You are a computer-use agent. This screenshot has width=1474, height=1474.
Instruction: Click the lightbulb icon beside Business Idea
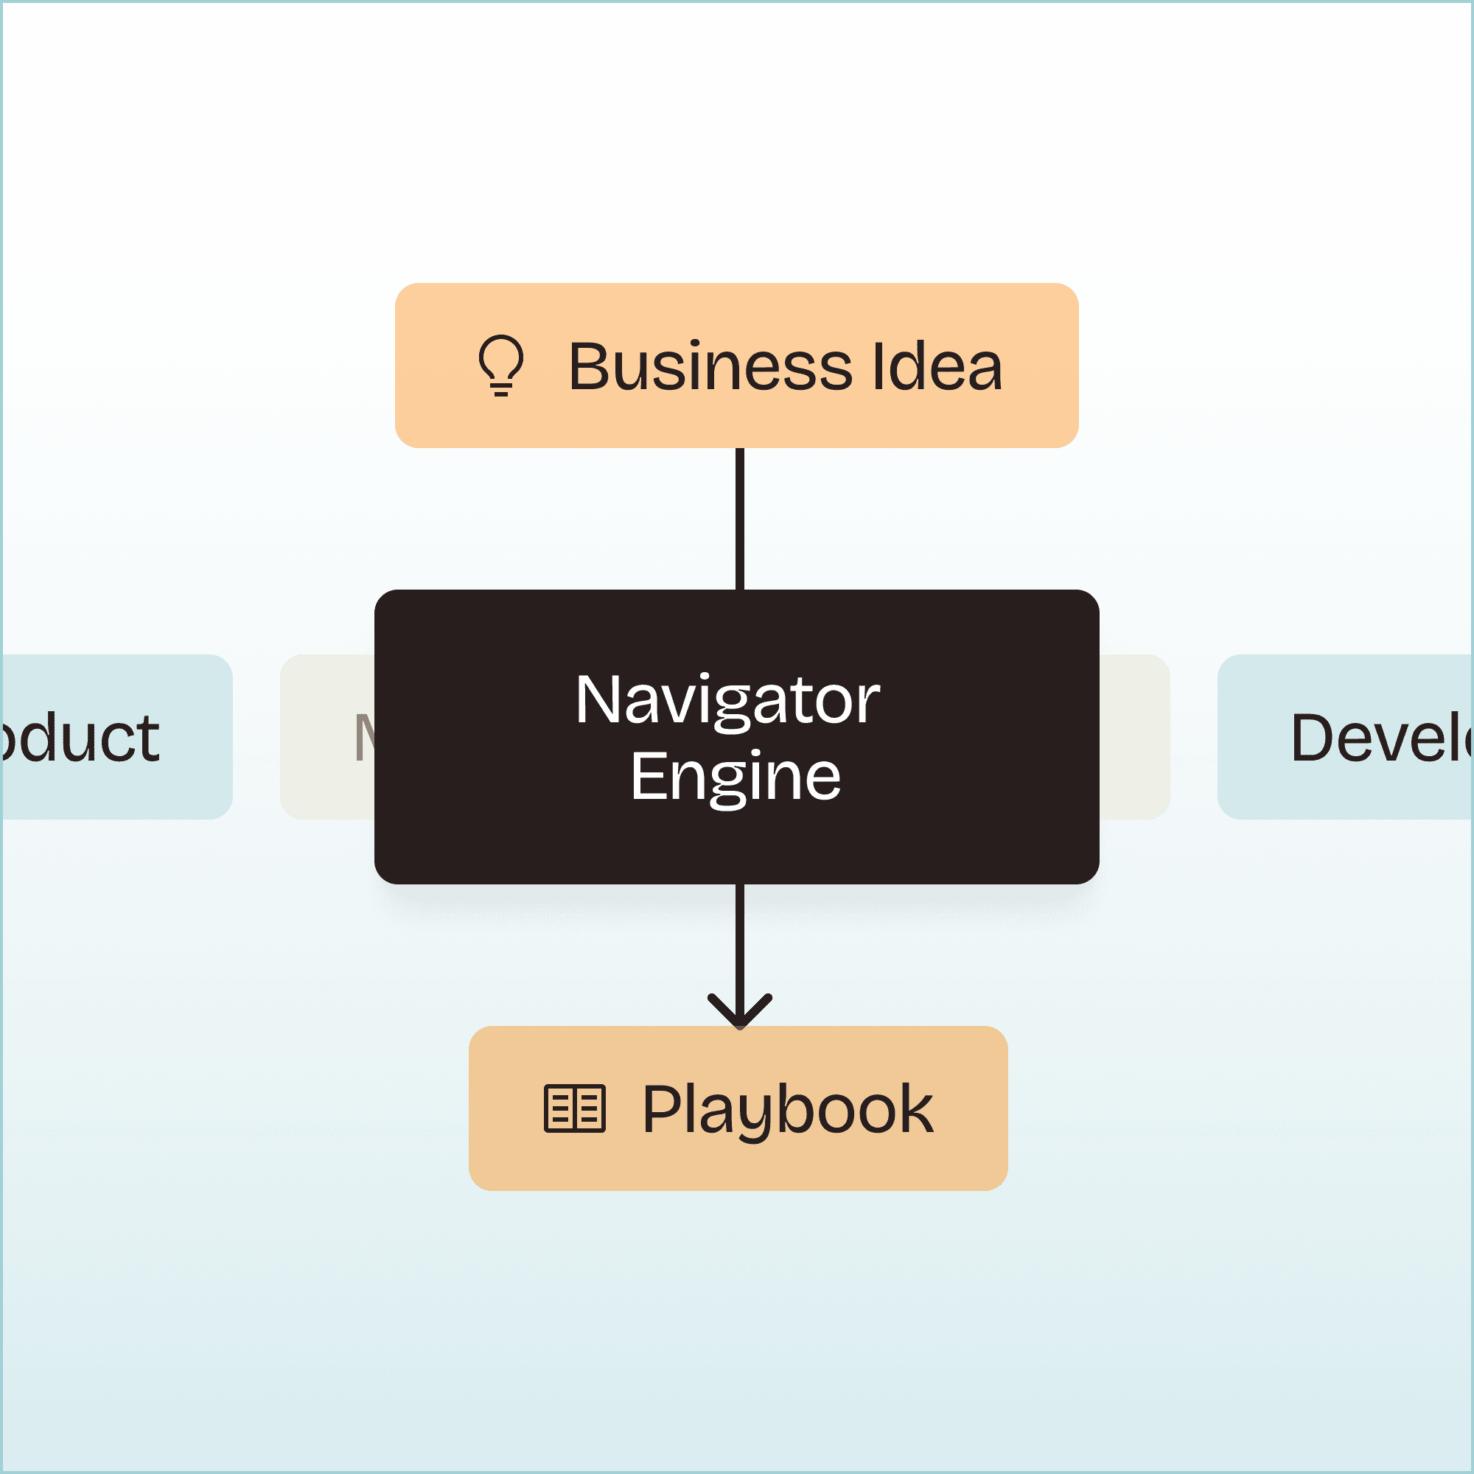(501, 366)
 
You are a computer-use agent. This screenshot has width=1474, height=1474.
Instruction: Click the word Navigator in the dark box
(727, 700)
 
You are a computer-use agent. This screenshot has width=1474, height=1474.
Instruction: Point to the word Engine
(736, 777)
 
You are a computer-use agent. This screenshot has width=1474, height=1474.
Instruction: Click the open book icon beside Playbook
(575, 1108)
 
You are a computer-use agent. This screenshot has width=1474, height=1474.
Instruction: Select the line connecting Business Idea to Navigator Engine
(739, 519)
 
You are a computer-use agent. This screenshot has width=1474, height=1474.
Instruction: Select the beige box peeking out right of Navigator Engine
(1134, 737)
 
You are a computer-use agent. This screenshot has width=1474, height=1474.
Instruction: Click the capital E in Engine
(646, 777)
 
